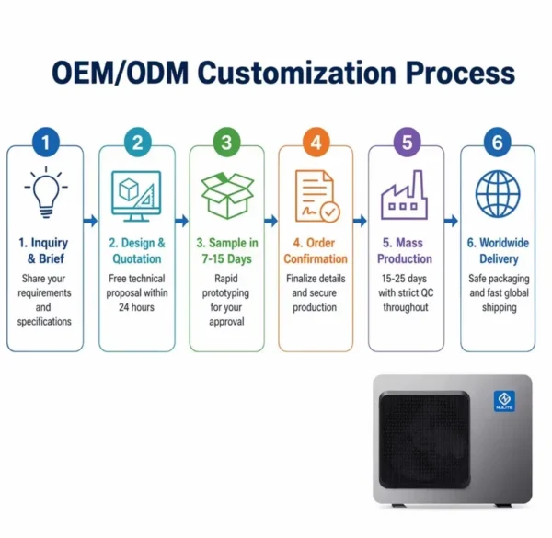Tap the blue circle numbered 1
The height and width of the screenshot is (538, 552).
coord(46,142)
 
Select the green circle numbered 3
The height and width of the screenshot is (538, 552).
coord(227,142)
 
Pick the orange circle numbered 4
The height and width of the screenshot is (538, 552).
coord(316,142)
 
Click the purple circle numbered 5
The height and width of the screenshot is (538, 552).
coord(407,142)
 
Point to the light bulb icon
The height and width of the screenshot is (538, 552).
coord(46,192)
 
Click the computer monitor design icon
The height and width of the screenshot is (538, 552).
coord(136,196)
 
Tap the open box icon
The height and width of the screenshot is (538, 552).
coord(227,195)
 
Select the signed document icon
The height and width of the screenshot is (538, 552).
coord(317,196)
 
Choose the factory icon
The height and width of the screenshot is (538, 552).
coord(405,195)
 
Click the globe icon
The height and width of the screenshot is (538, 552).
coord(498,193)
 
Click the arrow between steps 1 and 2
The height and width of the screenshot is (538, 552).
coord(91,221)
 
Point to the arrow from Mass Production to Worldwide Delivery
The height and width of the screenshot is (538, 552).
coord(452,221)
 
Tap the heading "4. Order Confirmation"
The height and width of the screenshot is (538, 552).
coord(316,250)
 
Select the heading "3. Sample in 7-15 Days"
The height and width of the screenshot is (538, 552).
coord(227,250)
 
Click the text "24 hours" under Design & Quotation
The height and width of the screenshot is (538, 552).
coord(136,307)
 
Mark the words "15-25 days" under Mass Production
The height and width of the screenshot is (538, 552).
coord(404,279)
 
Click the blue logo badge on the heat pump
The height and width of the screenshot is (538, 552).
coord(504,401)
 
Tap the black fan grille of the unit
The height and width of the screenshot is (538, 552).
coord(424,441)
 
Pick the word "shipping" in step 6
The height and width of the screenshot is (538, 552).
coord(500,307)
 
